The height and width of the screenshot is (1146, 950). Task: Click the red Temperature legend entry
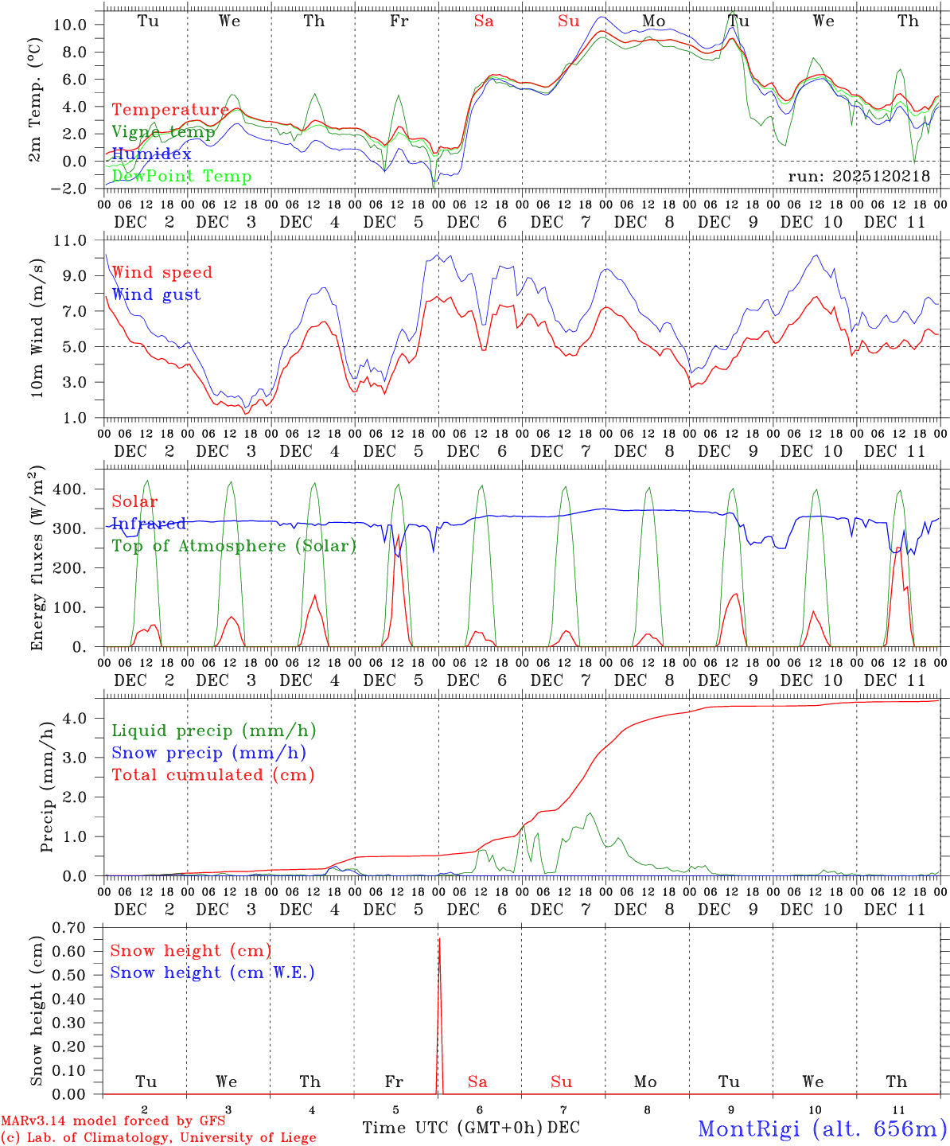[x=169, y=110]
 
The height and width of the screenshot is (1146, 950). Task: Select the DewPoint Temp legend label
[x=181, y=176]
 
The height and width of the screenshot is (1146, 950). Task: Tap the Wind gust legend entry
[x=156, y=294]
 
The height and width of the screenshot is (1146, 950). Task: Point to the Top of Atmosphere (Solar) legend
[x=233, y=546]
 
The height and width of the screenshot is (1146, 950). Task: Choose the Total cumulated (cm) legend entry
[x=212, y=774]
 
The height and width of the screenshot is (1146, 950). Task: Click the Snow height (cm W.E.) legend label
[x=212, y=973]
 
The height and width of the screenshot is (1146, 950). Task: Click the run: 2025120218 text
[x=859, y=176]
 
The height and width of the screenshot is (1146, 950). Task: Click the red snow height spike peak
[x=438, y=940]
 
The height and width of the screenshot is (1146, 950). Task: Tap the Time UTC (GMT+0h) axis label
[x=453, y=1128]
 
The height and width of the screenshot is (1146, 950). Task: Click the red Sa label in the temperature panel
[x=484, y=21]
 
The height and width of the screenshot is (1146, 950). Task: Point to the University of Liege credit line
[x=158, y=1138]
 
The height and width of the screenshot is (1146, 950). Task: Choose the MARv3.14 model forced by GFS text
[x=113, y=1121]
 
